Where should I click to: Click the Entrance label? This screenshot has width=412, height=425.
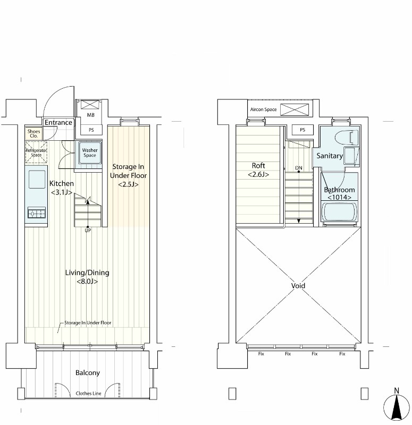pos(58,123)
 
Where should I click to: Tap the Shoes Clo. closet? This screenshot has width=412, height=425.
pos(33,133)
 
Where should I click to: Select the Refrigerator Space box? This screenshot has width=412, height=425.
pos(36,152)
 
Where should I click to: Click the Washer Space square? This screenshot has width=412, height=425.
pos(90,152)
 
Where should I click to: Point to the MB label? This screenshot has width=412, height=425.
pos(90,115)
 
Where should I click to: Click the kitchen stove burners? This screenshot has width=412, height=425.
pos(36,213)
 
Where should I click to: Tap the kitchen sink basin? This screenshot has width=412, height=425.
pos(37,179)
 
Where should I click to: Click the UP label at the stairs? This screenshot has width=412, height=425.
pos(88,231)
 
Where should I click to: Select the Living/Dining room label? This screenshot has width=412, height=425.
pos(87,277)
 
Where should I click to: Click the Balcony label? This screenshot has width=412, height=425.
pos(88,373)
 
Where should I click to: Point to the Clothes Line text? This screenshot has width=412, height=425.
pos(88,393)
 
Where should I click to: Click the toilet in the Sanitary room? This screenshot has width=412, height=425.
pos(347,138)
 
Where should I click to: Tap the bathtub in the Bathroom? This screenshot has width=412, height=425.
pos(339,212)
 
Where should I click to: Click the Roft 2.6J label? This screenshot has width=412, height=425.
pos(258,170)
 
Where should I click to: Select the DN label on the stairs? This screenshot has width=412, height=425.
pos(299,168)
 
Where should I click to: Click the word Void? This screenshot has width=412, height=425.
pos(298,286)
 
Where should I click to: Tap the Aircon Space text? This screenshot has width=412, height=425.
pos(263,109)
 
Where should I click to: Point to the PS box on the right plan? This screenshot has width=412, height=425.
pos(302,130)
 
